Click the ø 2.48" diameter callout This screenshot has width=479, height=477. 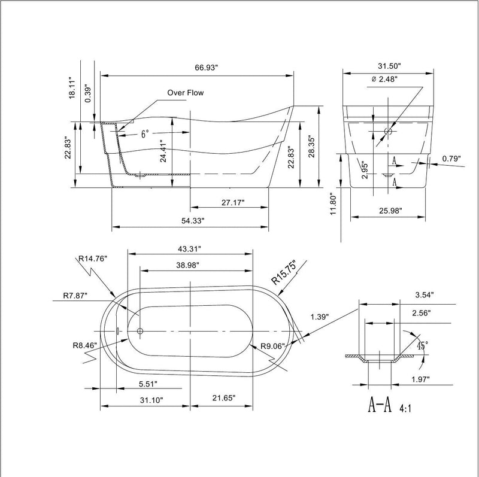[384, 78]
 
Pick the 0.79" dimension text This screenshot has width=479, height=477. [453, 159]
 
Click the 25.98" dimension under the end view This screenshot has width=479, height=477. [389, 211]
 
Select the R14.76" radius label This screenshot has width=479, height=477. [92, 259]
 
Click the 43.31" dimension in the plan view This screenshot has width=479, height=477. [189, 248]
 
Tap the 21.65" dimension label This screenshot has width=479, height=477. [223, 398]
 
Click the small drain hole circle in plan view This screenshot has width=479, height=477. [140, 331]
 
